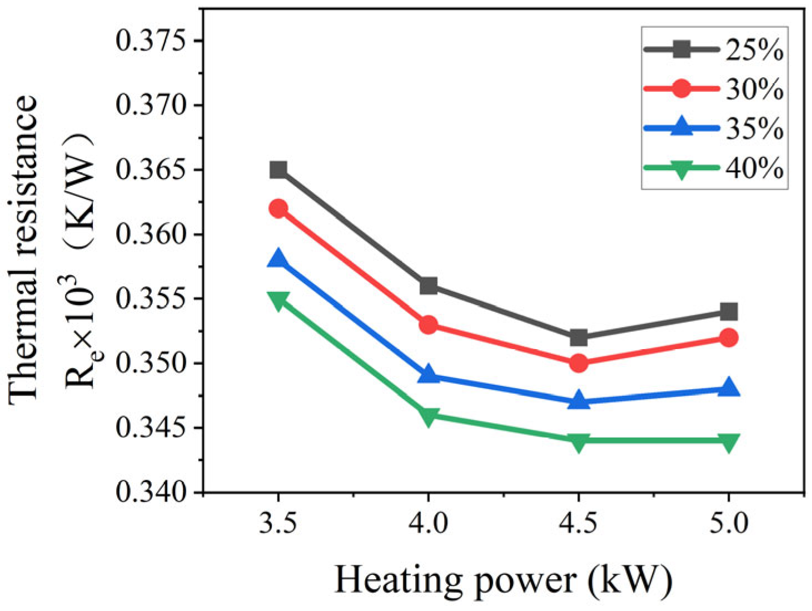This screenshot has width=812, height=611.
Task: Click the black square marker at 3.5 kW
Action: click(278, 170)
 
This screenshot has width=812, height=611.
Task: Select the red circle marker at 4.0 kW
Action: click(429, 325)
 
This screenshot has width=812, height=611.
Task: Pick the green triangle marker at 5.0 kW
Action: click(729, 443)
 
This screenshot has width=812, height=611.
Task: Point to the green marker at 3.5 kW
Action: click(278, 301)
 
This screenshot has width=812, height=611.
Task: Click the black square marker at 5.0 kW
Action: click(729, 311)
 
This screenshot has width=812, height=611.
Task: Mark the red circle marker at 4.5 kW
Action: click(579, 363)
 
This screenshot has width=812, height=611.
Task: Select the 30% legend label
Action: click(755, 89)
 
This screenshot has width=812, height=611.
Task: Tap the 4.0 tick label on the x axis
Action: click(429, 524)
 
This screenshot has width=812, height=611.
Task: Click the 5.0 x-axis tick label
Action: click(729, 524)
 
